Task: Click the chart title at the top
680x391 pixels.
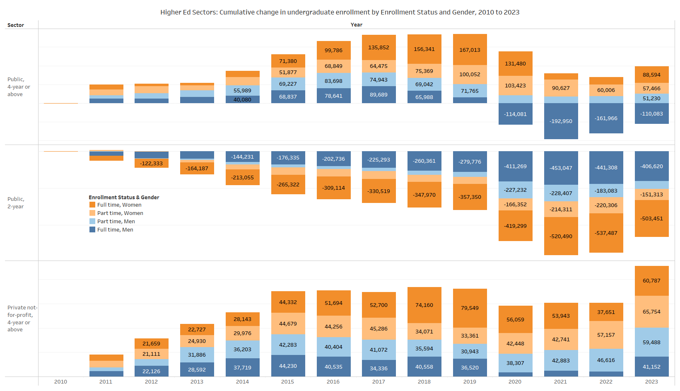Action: point(340,12)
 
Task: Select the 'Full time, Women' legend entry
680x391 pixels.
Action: point(119,205)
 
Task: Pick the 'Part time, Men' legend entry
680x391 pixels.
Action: point(116,222)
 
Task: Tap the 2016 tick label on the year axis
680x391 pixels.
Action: point(333,381)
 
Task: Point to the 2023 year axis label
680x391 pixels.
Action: point(651,381)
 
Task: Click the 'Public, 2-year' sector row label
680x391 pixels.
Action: point(16,203)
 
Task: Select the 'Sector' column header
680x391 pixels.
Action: point(16,25)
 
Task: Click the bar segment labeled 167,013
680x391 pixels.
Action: point(470,50)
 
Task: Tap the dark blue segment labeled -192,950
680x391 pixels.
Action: point(561,121)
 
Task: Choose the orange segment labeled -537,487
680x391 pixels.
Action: point(606,233)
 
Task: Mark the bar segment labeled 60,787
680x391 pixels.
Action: point(651,280)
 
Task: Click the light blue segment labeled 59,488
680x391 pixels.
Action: point(651,342)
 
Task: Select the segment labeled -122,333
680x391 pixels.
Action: point(151,163)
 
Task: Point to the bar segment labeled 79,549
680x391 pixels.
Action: point(470,308)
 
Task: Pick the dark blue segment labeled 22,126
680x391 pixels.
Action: point(151,371)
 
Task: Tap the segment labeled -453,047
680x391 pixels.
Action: point(561,168)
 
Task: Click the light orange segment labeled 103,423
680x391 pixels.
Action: point(515,85)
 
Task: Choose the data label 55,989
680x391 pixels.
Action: point(242,90)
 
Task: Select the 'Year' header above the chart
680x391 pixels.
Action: point(356,25)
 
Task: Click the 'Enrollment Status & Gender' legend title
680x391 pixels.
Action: point(124,198)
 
